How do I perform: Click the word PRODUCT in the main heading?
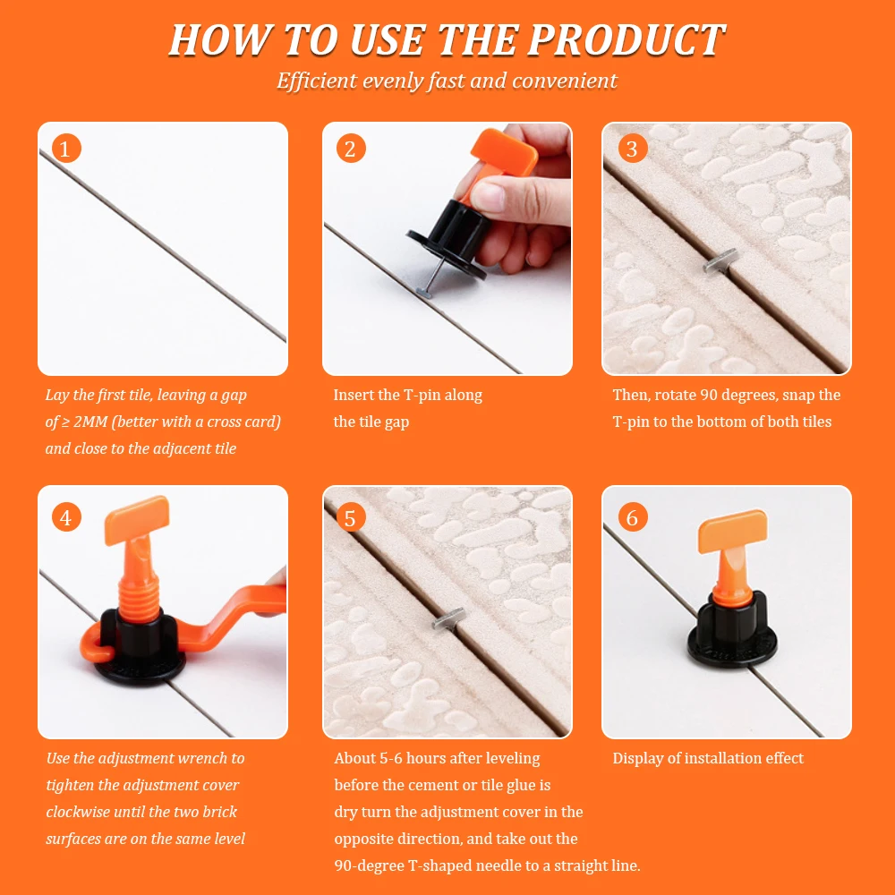point(626,40)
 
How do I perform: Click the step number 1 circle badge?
point(66,149)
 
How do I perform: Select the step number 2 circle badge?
point(351,149)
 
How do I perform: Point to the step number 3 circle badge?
point(633,149)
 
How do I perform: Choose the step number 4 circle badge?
point(66,517)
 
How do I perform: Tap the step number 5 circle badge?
point(351,517)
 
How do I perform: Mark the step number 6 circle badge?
point(633,517)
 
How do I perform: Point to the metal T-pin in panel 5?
point(448,618)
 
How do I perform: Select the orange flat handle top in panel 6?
point(733,531)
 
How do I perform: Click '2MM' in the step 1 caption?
point(90,422)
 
